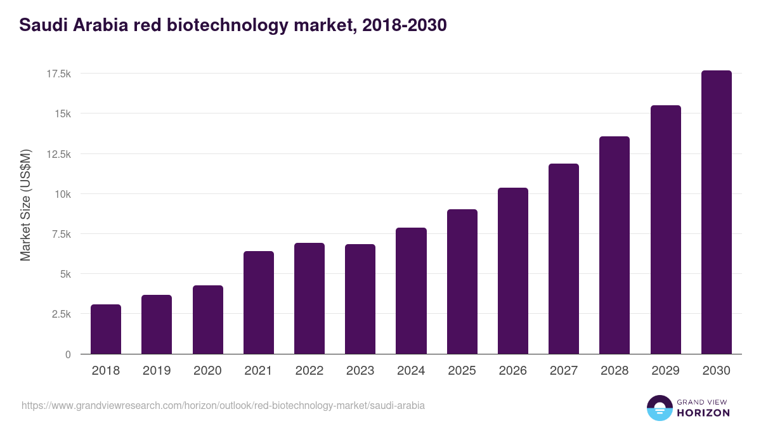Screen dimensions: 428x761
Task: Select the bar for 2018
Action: click(x=106, y=329)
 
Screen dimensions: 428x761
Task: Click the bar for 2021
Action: click(x=258, y=302)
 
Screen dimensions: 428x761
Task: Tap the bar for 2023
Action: click(x=360, y=299)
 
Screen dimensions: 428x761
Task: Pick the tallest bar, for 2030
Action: click(x=716, y=212)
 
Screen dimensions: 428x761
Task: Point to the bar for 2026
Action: click(x=512, y=271)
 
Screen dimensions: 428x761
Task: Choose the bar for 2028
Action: click(x=615, y=245)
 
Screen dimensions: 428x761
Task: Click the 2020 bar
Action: click(x=207, y=320)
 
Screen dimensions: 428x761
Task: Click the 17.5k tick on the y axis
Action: click(x=58, y=74)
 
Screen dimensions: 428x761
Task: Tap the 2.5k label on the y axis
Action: click(x=60, y=315)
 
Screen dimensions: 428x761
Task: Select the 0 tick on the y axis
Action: click(x=68, y=354)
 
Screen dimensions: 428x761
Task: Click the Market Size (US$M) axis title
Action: click(x=25, y=205)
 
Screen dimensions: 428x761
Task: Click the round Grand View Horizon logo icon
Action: click(x=659, y=408)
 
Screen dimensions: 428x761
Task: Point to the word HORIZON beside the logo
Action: click(x=703, y=413)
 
